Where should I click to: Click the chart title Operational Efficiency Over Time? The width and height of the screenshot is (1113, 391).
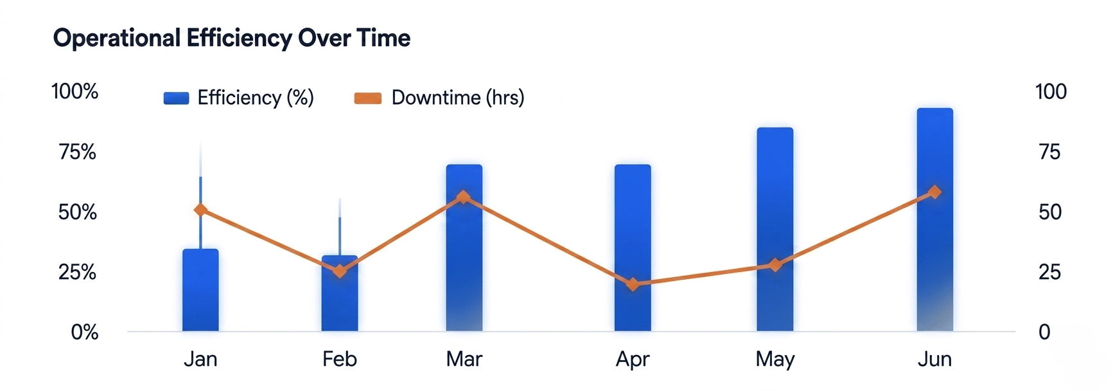(x=232, y=39)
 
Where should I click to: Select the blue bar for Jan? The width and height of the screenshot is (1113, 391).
(x=200, y=290)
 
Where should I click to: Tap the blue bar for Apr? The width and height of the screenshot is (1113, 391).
(x=633, y=248)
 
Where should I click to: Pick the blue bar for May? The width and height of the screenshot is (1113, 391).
(x=775, y=230)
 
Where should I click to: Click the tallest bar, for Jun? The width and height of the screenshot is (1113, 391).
(x=935, y=220)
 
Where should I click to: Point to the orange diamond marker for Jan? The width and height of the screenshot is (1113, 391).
(x=200, y=210)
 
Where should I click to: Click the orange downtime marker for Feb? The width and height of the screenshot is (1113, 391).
(x=340, y=271)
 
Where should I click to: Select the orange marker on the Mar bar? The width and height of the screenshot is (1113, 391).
(x=464, y=197)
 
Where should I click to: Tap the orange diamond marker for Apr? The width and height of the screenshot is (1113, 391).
(x=633, y=284)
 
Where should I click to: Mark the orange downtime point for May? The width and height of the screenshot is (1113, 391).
(x=775, y=265)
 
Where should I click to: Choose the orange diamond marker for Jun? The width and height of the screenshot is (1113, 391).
(x=935, y=192)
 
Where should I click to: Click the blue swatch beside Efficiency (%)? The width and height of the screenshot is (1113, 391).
(x=176, y=98)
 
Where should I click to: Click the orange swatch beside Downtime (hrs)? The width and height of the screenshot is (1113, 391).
(x=368, y=98)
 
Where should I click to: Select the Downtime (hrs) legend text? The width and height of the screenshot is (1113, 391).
(x=458, y=98)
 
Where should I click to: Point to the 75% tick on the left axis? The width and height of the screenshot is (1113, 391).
(x=77, y=152)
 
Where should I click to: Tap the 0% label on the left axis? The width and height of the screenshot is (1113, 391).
(x=84, y=332)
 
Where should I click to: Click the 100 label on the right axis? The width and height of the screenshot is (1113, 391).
(x=1051, y=91)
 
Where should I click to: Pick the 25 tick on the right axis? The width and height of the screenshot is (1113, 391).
(x=1049, y=272)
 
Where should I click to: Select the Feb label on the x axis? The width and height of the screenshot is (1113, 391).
(x=339, y=359)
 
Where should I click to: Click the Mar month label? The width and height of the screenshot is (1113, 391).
(x=464, y=359)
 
